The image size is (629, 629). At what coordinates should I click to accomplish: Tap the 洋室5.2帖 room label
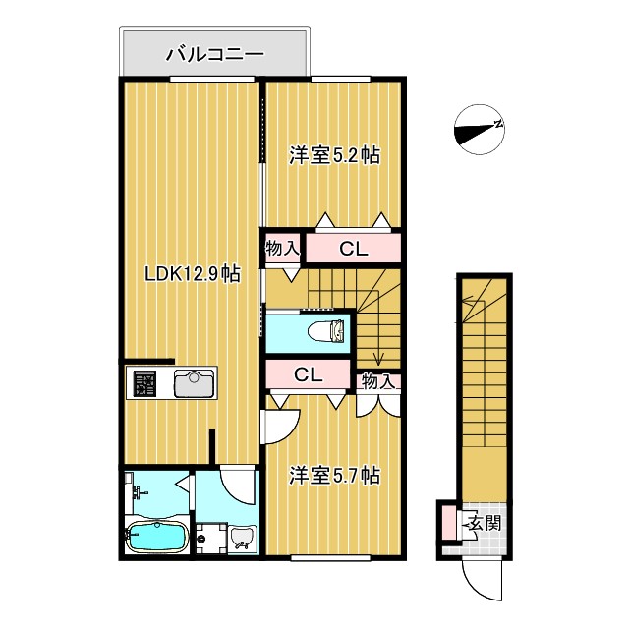tap(334, 155)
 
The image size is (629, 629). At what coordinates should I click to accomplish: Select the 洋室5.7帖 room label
tap(334, 476)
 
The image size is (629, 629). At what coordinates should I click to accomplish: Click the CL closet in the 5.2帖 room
tap(353, 249)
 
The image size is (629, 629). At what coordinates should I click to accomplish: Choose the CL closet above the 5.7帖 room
tap(309, 374)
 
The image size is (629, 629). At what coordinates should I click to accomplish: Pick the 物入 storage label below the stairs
tap(377, 381)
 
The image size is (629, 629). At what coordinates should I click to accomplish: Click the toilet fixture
tap(325, 331)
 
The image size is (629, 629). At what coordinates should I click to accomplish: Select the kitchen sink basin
tap(195, 383)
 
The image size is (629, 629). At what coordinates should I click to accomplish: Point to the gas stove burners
tap(144, 383)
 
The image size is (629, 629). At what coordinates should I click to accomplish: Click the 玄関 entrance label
tap(484, 523)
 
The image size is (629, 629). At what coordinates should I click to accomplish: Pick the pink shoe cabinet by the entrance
tap(448, 522)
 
